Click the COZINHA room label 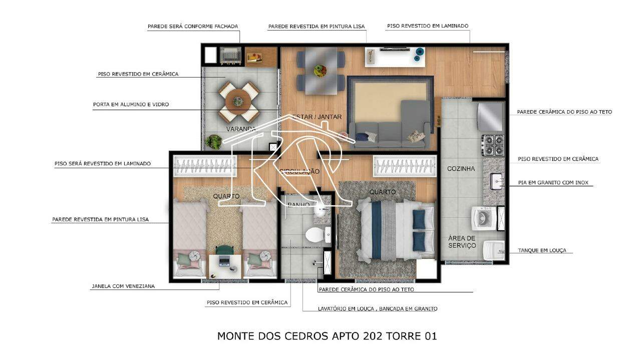tap(461, 169)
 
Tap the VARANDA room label tap(241, 129)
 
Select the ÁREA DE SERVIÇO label tap(462, 242)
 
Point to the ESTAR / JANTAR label tap(317, 117)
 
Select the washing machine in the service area tap(484, 218)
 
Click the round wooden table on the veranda tap(238, 101)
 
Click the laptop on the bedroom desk tap(224, 261)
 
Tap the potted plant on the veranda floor tap(213, 142)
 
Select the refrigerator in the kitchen tap(490, 117)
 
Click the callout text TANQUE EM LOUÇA tap(542, 250)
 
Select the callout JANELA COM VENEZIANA tap(123, 286)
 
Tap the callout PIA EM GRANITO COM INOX tap(553, 183)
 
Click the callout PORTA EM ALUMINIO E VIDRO tap(131, 105)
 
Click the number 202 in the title tap(372, 335)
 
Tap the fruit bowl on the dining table tap(320, 70)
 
